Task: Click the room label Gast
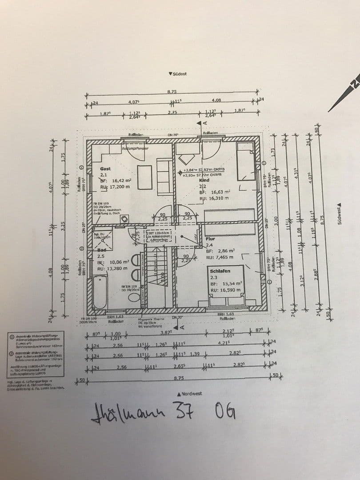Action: (105, 169)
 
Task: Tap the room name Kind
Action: (204, 181)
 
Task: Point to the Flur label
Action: (210, 239)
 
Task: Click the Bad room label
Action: (101, 250)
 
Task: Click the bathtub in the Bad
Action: (100, 292)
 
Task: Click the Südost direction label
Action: (178, 74)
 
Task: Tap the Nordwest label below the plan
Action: (189, 394)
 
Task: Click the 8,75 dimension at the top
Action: (172, 92)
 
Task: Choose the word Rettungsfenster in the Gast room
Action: (135, 148)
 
